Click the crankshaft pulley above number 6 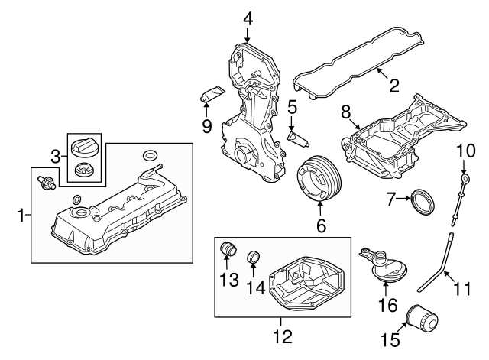coord(320,180)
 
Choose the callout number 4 coord(248,16)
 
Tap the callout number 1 coord(21,217)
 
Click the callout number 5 coord(292,108)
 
